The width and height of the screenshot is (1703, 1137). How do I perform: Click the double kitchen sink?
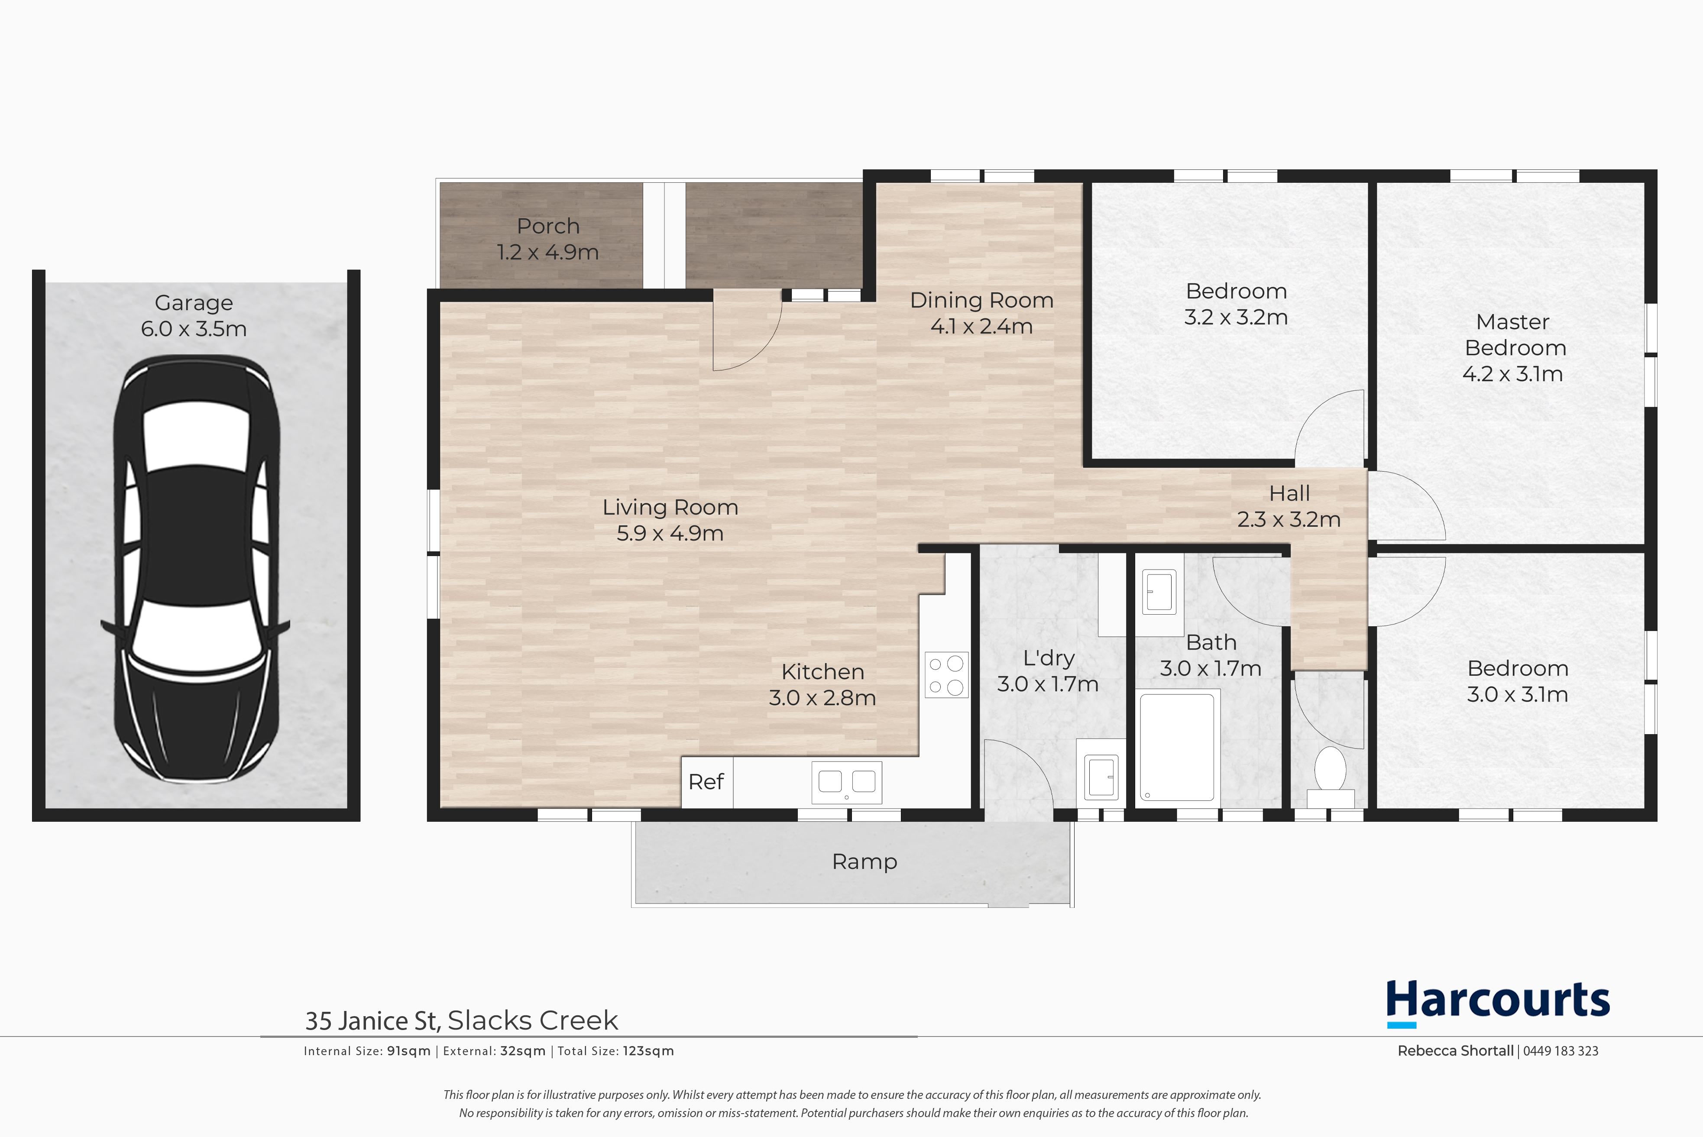pos(847,782)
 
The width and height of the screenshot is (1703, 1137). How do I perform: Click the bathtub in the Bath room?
pos(1177,747)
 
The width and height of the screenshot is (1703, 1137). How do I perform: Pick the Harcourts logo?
pos(1498,1003)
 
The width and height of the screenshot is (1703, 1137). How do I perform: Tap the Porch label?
pos(548,226)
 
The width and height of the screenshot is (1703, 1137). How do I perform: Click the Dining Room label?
pos(981,300)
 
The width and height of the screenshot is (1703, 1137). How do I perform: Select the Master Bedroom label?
pos(1515,334)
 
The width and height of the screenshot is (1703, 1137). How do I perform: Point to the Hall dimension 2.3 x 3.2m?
pos(1289,519)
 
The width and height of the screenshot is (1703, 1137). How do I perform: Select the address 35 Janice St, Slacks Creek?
pos(461,1020)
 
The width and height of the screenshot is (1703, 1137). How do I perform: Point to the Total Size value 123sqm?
pos(648,1051)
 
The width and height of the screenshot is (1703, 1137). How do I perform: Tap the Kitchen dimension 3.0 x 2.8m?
pos(822,697)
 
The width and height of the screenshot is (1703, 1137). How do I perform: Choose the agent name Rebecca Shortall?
pos(1456,1051)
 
